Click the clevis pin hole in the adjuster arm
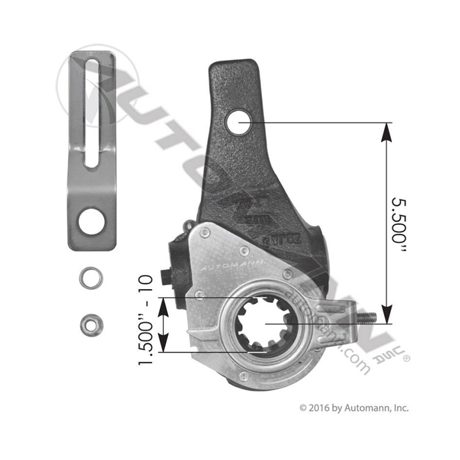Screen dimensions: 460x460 [x=238, y=122]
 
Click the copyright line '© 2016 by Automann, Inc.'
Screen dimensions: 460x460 [x=354, y=408]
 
